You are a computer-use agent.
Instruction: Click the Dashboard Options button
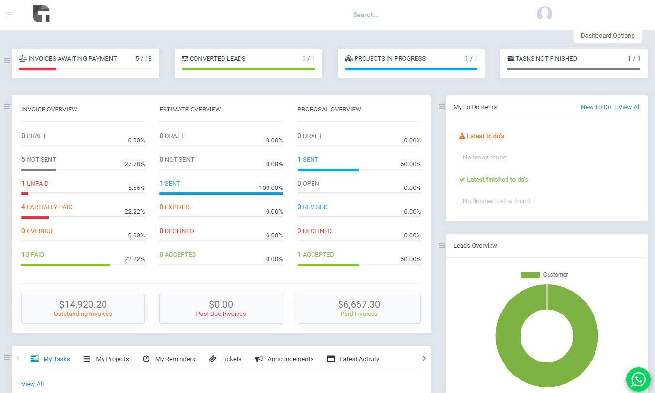pos(608,36)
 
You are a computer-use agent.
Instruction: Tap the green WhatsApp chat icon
pos(638,379)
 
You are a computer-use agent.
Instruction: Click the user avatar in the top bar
pos(545,14)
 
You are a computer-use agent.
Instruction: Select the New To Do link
pos(596,107)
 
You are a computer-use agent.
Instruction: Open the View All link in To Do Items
pos(629,107)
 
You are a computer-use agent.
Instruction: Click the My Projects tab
pos(106,359)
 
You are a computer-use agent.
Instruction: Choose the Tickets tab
pos(225,359)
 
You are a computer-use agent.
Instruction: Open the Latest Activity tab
pos(353,359)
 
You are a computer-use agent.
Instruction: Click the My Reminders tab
pos(169,359)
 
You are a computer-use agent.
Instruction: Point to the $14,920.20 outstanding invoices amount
pos(83,305)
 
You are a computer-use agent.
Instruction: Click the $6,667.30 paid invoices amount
pos(359,305)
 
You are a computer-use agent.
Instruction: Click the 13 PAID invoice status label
pos(33,255)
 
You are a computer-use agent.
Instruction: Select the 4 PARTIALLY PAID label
pos(47,207)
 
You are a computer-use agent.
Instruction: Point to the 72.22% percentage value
pos(134,259)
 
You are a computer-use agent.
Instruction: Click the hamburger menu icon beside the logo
pos(9,15)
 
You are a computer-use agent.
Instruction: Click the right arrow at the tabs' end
pos(424,359)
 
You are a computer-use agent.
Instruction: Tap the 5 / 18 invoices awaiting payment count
pos(144,59)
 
